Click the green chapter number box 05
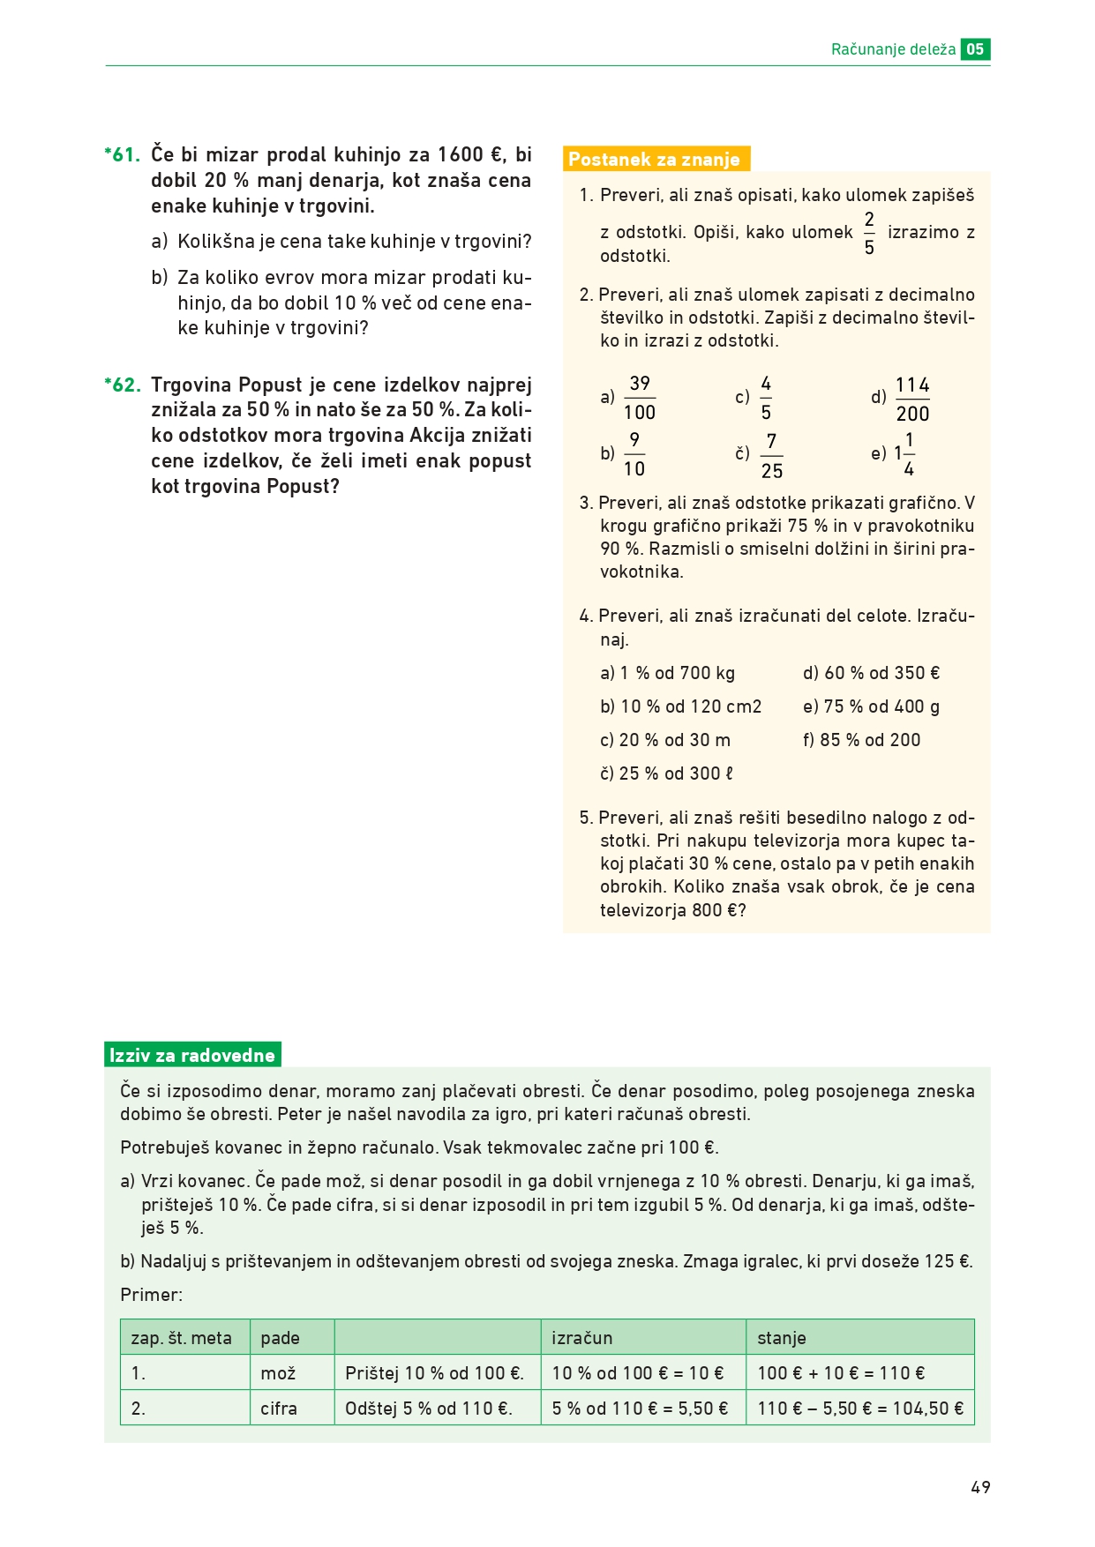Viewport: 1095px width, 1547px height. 975,49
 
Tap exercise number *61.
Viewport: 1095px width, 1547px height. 123,155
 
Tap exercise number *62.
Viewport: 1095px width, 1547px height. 123,385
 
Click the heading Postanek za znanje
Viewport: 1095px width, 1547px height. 655,160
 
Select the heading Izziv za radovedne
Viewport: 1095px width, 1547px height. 192,1056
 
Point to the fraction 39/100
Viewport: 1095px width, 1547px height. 640,398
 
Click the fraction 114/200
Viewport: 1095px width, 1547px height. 912,400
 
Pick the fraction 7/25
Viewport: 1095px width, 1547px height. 771,456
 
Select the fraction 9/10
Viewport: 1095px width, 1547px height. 634,455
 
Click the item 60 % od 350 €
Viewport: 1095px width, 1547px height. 872,674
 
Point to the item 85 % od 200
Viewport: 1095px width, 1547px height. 861,741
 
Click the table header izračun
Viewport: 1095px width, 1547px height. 582,1338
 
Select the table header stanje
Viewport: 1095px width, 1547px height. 782,1338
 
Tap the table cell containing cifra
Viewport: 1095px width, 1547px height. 279,1409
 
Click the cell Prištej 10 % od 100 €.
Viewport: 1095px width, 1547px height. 435,1373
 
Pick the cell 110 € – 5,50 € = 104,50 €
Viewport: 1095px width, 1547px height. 860,1409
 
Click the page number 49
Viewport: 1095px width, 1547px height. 980,1488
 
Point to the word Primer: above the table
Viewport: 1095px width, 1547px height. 152,1296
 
